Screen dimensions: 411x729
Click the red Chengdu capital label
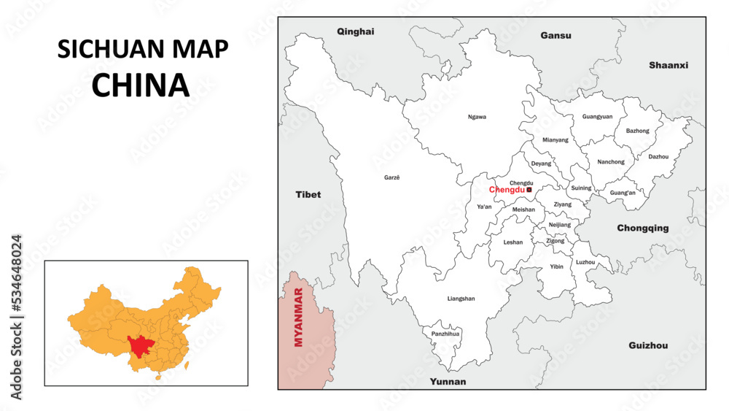tap(507, 190)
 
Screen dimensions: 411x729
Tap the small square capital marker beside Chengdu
tap(529, 190)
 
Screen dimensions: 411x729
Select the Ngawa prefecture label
tap(477, 117)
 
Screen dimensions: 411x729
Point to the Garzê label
tap(392, 177)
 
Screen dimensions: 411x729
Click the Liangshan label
tap(461, 299)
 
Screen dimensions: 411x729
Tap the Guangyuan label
tap(597, 117)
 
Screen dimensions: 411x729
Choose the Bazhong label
tap(637, 131)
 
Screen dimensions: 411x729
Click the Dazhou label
tap(658, 156)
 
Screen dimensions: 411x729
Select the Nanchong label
tap(610, 162)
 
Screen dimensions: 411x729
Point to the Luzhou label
tap(585, 262)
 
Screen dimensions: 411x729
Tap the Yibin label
tap(556, 267)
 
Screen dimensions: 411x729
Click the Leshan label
tap(513, 242)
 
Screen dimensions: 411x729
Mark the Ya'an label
tap(484, 207)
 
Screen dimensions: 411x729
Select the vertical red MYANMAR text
tap(297, 318)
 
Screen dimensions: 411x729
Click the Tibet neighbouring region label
tap(308, 195)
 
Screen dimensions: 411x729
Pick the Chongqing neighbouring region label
tap(642, 228)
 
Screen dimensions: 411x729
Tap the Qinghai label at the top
tap(355, 31)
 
